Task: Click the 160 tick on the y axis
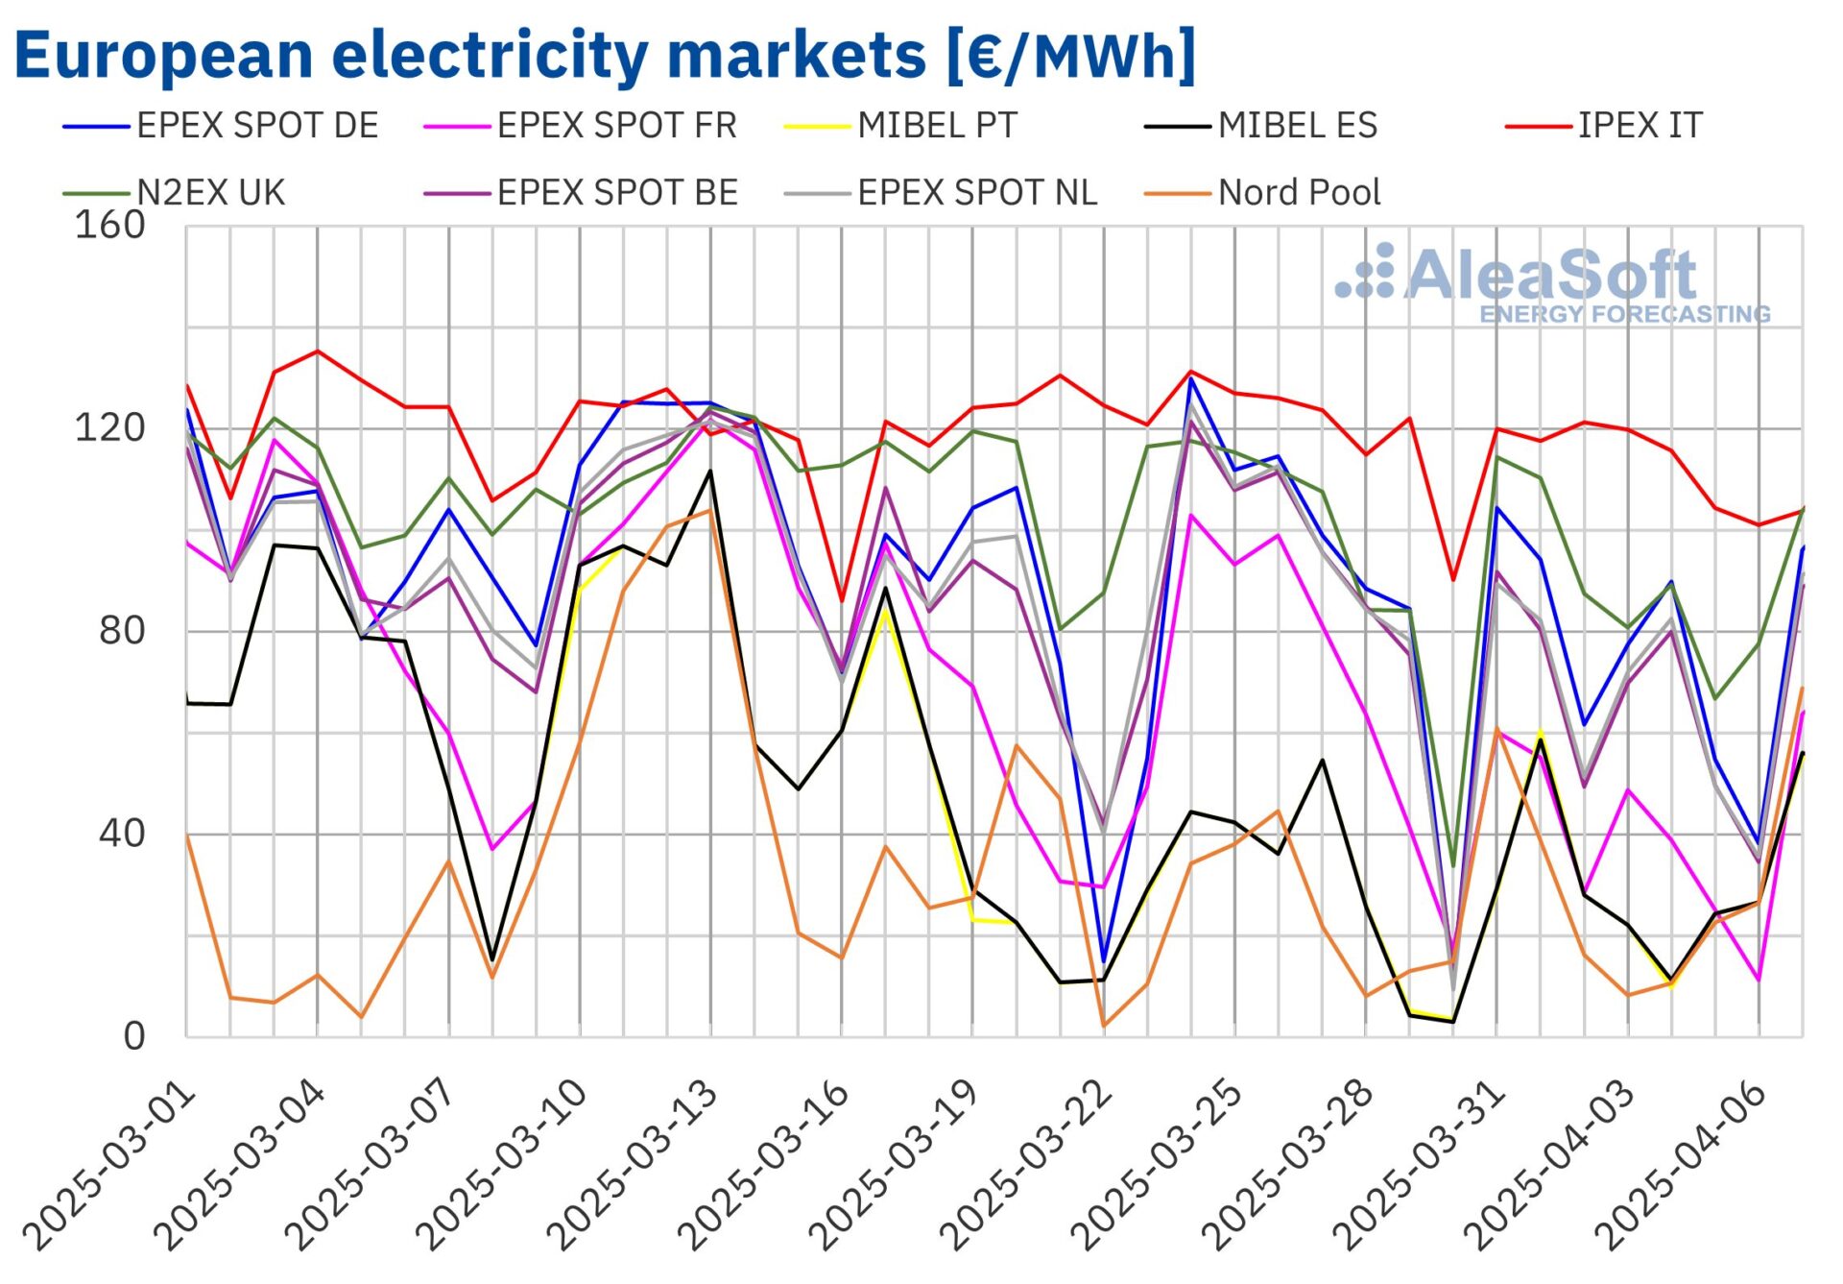(x=109, y=226)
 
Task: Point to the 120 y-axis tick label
(x=109, y=428)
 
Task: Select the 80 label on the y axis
(x=122, y=631)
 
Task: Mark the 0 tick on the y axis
(x=134, y=1036)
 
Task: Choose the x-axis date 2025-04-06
(x=1680, y=1167)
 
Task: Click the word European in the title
(x=164, y=55)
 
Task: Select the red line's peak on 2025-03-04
(x=318, y=351)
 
